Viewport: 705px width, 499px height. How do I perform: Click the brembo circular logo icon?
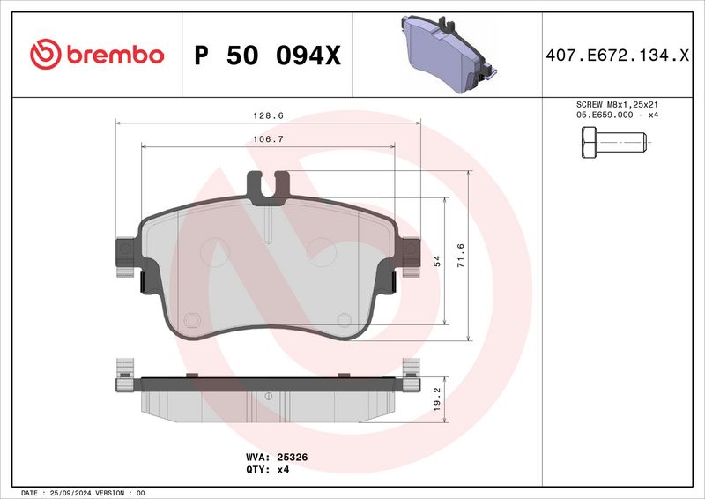[43, 55]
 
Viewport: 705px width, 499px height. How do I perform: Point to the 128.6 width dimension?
[257, 115]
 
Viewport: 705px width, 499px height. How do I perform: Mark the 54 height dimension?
[436, 261]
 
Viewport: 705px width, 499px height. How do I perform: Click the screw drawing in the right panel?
[613, 142]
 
